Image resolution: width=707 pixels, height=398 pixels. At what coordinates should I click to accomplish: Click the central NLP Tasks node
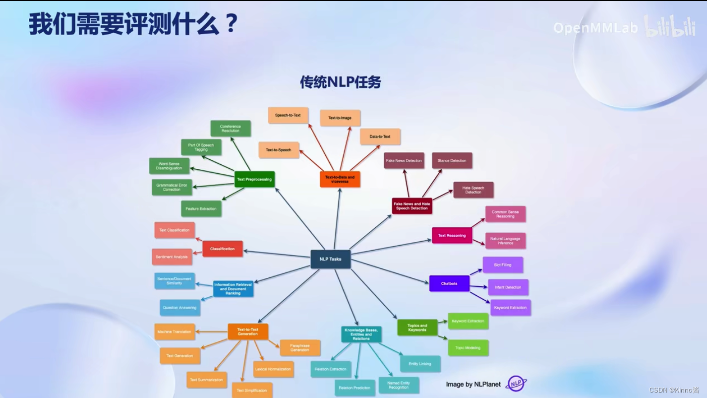[x=330, y=259]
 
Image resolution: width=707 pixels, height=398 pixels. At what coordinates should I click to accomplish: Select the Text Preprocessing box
[x=254, y=179]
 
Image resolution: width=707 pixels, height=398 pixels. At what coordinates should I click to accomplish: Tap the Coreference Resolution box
[x=230, y=129]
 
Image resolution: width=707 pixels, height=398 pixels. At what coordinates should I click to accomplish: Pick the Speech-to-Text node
[x=288, y=115]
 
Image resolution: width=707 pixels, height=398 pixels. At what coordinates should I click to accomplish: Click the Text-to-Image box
[x=340, y=118]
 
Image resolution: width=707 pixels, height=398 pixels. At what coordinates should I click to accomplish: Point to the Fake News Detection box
[x=404, y=161]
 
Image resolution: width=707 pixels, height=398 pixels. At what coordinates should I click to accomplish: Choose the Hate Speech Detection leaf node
[x=473, y=190]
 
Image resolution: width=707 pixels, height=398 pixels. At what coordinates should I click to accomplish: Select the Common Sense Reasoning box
[x=505, y=214]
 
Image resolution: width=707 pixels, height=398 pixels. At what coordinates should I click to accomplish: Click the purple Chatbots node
[x=449, y=283]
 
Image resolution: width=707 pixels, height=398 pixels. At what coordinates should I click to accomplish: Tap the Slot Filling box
[x=502, y=265]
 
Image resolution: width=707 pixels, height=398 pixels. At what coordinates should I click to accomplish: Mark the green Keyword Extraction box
[x=468, y=321]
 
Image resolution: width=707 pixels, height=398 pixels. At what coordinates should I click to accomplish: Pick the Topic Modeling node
[x=468, y=348]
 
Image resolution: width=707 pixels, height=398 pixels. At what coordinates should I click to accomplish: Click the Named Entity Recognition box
[x=398, y=385]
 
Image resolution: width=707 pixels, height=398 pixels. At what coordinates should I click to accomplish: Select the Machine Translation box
[x=174, y=332]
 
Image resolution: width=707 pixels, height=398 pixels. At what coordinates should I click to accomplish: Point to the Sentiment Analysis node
[x=172, y=257]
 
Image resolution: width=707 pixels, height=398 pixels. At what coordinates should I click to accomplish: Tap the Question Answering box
[x=179, y=308]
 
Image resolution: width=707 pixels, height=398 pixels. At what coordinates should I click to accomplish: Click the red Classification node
[x=222, y=249]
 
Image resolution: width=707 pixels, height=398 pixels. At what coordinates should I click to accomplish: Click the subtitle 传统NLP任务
[x=340, y=82]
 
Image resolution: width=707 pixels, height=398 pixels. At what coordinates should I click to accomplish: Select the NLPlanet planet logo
[x=516, y=384]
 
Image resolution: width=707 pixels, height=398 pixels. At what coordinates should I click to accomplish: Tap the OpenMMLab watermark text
[x=595, y=28]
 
